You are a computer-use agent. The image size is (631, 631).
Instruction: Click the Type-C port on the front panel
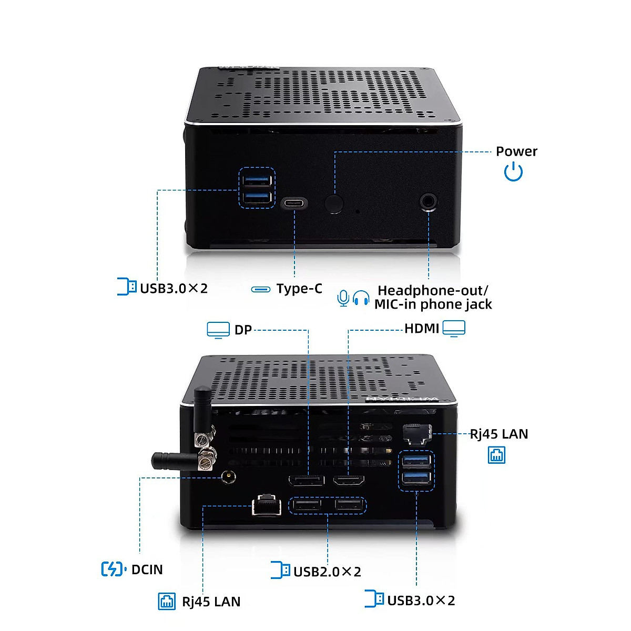coord(294,203)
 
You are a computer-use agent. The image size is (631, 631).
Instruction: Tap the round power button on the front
coord(334,204)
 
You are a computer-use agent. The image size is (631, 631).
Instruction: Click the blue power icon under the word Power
coord(513,172)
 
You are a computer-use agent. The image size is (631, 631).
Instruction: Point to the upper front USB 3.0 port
coord(257,180)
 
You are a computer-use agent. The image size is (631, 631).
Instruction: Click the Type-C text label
coord(299,289)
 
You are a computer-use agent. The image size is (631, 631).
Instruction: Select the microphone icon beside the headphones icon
coord(343,298)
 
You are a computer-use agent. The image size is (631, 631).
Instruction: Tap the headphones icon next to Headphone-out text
coord(361,298)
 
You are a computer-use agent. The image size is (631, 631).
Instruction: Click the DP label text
coord(243,330)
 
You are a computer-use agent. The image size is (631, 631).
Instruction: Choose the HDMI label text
coord(421,329)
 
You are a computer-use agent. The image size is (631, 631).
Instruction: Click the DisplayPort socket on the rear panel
coord(307,480)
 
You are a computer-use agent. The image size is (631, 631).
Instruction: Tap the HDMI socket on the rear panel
coord(349,480)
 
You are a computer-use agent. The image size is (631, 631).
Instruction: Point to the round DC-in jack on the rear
coord(229,477)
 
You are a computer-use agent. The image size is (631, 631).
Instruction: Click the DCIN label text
coord(147,569)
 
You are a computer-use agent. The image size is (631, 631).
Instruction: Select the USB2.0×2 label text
coord(327,572)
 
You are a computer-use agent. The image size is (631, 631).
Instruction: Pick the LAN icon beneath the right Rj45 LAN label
coord(497,455)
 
